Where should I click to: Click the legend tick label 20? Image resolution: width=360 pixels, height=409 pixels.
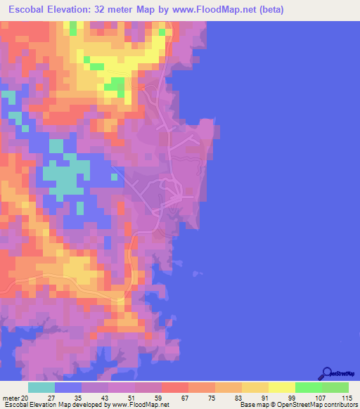[x=27, y=398]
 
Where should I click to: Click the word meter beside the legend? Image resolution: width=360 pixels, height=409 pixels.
[x=12, y=398]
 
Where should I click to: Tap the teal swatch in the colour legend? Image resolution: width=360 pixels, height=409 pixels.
[x=41, y=387]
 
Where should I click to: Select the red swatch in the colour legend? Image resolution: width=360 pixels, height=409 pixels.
[x=174, y=387]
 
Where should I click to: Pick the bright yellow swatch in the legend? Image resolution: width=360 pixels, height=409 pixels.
[x=281, y=387]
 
